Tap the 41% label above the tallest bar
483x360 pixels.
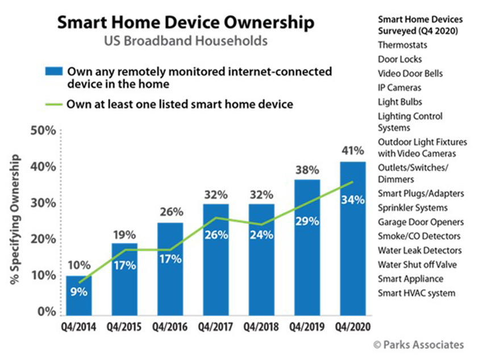352,151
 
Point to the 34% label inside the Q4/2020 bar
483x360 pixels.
352,200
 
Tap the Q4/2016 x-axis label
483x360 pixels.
169,328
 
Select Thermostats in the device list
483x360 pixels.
402,45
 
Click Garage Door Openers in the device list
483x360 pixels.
420,222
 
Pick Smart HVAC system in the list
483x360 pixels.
416,293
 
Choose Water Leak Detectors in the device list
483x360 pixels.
420,250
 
